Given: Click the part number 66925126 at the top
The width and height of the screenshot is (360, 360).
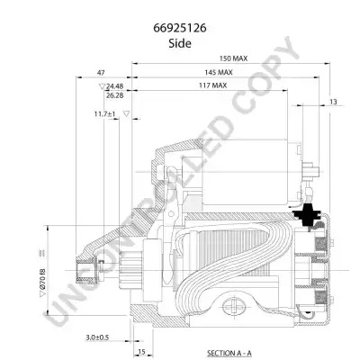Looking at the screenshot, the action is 180,28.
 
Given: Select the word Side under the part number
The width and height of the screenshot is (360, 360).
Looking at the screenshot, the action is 180,43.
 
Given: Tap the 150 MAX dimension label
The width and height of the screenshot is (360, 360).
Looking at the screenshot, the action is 233,58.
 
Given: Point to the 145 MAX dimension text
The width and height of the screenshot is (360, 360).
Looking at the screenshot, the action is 219,72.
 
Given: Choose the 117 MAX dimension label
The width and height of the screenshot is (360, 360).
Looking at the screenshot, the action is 212,85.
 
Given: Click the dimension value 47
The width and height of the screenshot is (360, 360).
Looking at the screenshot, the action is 101,73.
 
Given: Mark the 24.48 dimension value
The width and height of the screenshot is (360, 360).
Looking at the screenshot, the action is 114,86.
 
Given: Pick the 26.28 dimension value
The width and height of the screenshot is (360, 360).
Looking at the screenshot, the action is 114,95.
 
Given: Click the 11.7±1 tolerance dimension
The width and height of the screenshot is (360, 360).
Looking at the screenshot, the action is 104,114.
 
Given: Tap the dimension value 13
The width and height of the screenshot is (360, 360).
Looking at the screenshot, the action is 333,102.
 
